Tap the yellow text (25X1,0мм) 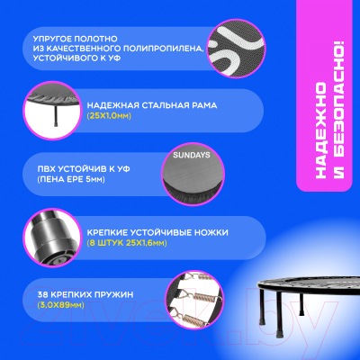109,116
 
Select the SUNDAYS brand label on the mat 192,155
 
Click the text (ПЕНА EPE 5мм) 71,179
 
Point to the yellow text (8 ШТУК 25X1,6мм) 127,243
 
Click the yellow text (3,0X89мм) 61,305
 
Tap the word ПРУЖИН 114,295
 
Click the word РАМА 204,105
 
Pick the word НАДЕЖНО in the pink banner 321,130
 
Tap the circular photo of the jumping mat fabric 237,49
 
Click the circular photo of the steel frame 52,111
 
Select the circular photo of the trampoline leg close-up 52,238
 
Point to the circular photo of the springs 194,301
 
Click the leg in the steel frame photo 56,115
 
